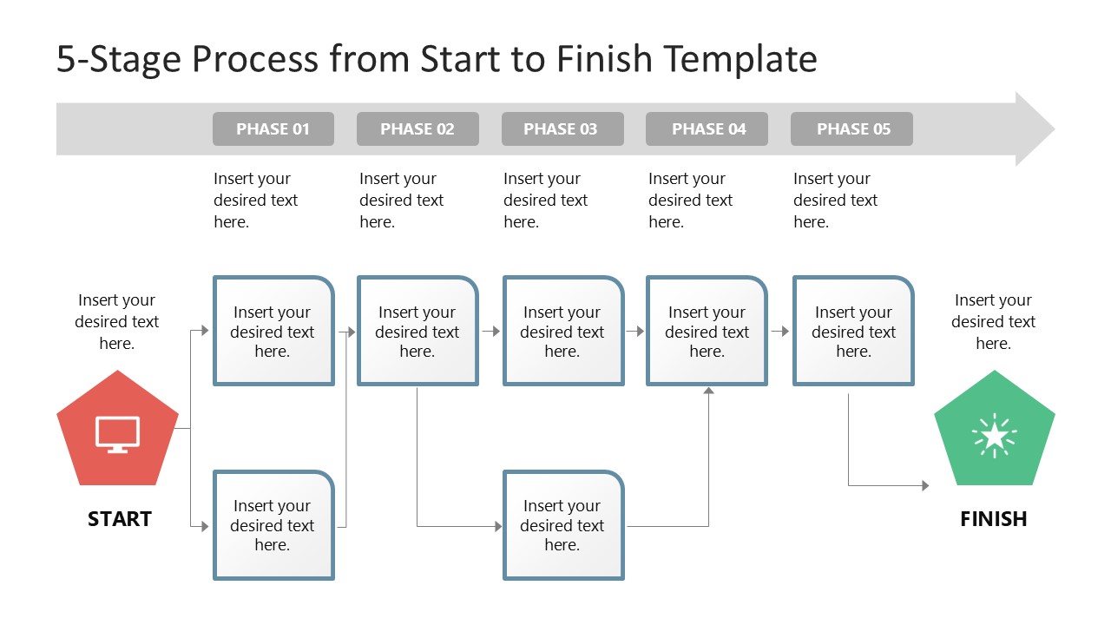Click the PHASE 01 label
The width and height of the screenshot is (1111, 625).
[273, 129]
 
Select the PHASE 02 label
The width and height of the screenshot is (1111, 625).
[417, 129]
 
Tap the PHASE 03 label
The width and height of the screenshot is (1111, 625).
[562, 129]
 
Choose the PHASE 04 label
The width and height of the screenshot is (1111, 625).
[707, 129]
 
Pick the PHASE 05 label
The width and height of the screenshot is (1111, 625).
[851, 129]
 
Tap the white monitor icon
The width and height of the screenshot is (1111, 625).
[117, 434]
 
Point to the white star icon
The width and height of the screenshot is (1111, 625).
[994, 437]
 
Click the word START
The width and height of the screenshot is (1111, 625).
[120, 519]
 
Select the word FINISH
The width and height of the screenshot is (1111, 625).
[994, 519]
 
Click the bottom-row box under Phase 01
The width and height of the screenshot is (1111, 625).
[273, 525]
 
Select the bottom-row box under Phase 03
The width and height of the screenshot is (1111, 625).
[563, 525]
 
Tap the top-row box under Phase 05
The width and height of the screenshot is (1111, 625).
[853, 331]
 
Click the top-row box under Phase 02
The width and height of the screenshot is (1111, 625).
[417, 331]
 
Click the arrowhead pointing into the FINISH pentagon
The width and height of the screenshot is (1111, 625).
[925, 485]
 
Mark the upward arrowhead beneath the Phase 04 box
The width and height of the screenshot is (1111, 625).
[708, 391]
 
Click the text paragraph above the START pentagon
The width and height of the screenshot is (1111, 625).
[117, 321]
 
